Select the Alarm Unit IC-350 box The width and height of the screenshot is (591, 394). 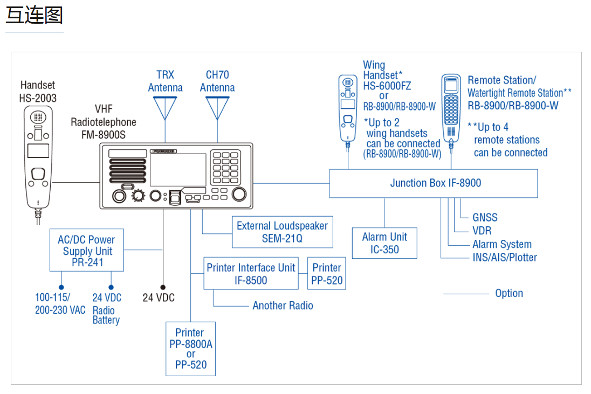pos(384,243)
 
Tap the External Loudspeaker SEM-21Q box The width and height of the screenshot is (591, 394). pos(282,232)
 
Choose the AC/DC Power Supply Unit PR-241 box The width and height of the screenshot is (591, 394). pos(87,251)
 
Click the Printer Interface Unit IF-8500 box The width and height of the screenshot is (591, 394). pos(251,274)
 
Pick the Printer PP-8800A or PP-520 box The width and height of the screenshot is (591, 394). pos(191,348)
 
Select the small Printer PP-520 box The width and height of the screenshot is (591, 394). pos(327,274)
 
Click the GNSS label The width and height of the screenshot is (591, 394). pos(485,218)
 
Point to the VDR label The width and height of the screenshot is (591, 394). pos(482,231)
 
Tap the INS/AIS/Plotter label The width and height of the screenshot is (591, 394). pos(505,257)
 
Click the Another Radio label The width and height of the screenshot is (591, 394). pos(283,306)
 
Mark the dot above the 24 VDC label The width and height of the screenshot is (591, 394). pos(163,288)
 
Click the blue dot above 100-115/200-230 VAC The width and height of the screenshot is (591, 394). pos(61,288)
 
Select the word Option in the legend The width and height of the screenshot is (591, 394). pos(509,293)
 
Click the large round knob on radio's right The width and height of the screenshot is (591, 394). pos(239,194)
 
